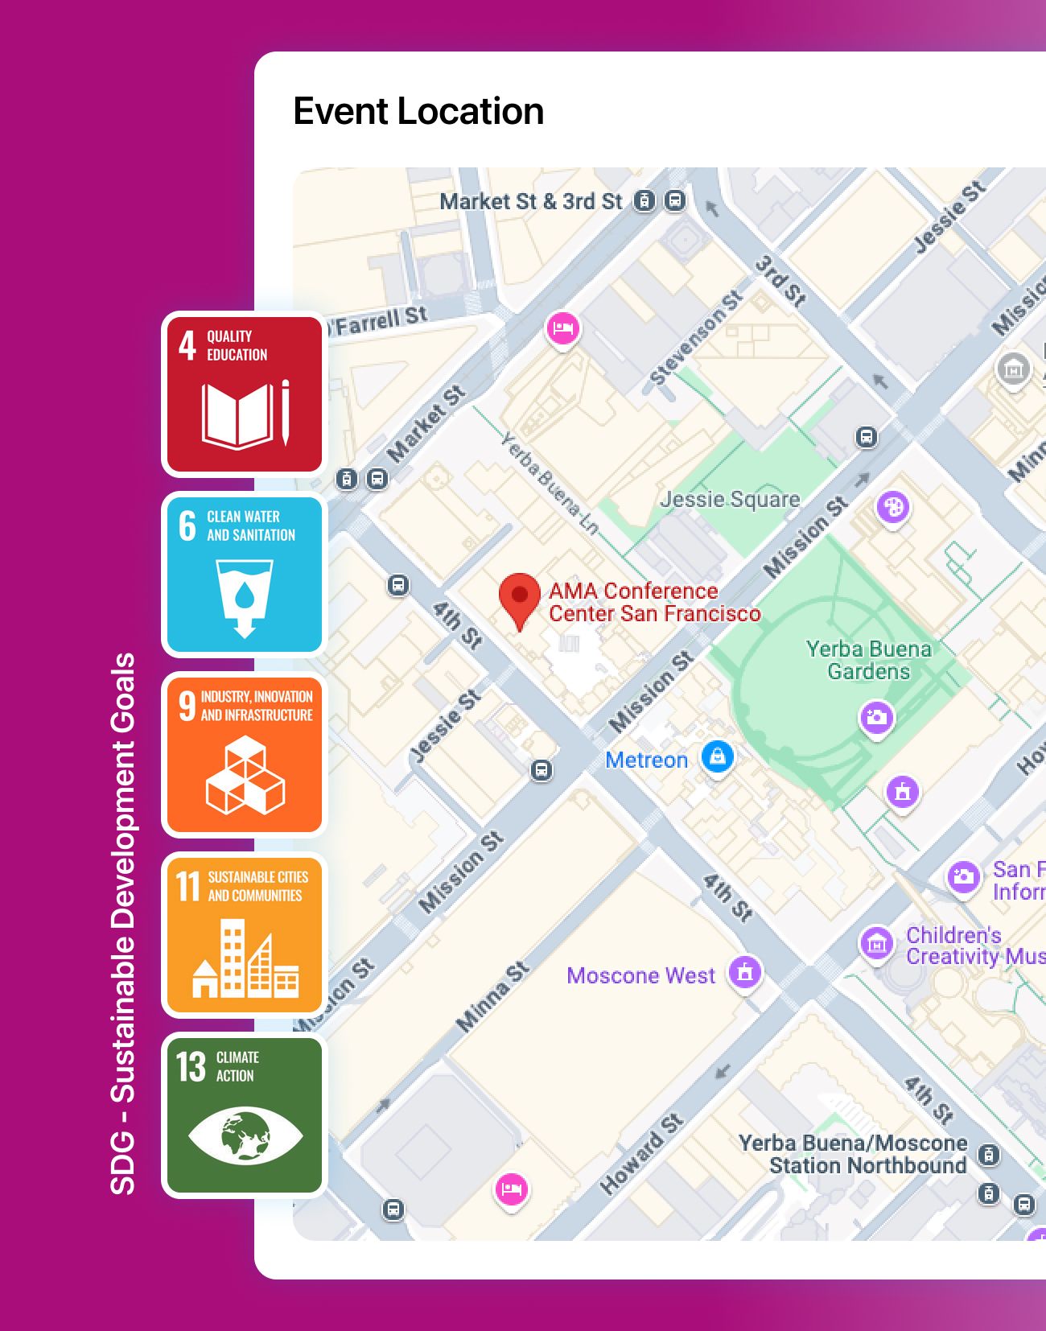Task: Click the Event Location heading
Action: click(418, 111)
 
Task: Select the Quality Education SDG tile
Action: click(244, 394)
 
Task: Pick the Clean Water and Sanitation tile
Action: click(244, 574)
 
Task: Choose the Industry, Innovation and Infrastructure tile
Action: click(244, 754)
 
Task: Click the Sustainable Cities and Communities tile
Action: click(244, 934)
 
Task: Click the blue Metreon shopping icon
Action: click(717, 757)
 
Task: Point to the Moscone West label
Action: click(640, 975)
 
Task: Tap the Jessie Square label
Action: click(730, 499)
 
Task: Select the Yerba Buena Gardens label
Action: click(868, 660)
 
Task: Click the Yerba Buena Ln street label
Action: click(550, 484)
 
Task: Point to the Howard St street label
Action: click(641, 1153)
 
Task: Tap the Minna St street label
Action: click(492, 996)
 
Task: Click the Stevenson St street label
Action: click(695, 338)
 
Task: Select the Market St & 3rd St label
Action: click(531, 201)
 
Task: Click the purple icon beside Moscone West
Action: click(745, 972)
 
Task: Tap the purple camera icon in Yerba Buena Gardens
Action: click(877, 716)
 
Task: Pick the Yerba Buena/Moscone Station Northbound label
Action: click(853, 1154)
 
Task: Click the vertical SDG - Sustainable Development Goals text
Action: click(122, 923)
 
